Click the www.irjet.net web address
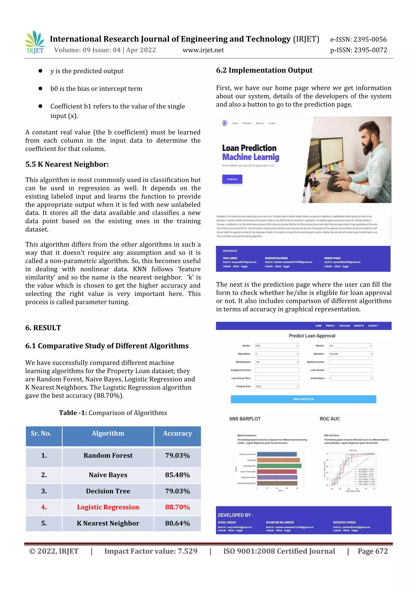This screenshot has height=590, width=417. [x=203, y=50]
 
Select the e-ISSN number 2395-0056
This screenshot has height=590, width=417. [x=358, y=39]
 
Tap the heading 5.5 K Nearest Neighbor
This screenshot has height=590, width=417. [x=67, y=164]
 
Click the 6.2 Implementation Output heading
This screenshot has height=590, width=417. [x=264, y=70]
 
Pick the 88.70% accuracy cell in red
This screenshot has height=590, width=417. [x=177, y=507]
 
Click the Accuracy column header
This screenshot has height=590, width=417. [x=177, y=434]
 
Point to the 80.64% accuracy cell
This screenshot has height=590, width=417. [x=177, y=523]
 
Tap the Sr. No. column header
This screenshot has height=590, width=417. [x=41, y=434]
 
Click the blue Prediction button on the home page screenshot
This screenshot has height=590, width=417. [x=232, y=179]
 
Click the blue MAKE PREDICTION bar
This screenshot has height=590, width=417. [x=303, y=399]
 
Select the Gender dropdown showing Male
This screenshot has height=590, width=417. [x=277, y=346]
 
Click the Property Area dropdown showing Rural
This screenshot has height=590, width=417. [x=277, y=386]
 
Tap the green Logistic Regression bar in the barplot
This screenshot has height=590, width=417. [x=279, y=466]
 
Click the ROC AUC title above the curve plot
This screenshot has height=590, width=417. [x=330, y=419]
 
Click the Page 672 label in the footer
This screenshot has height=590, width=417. [x=373, y=551]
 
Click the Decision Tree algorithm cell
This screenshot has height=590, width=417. [x=108, y=491]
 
